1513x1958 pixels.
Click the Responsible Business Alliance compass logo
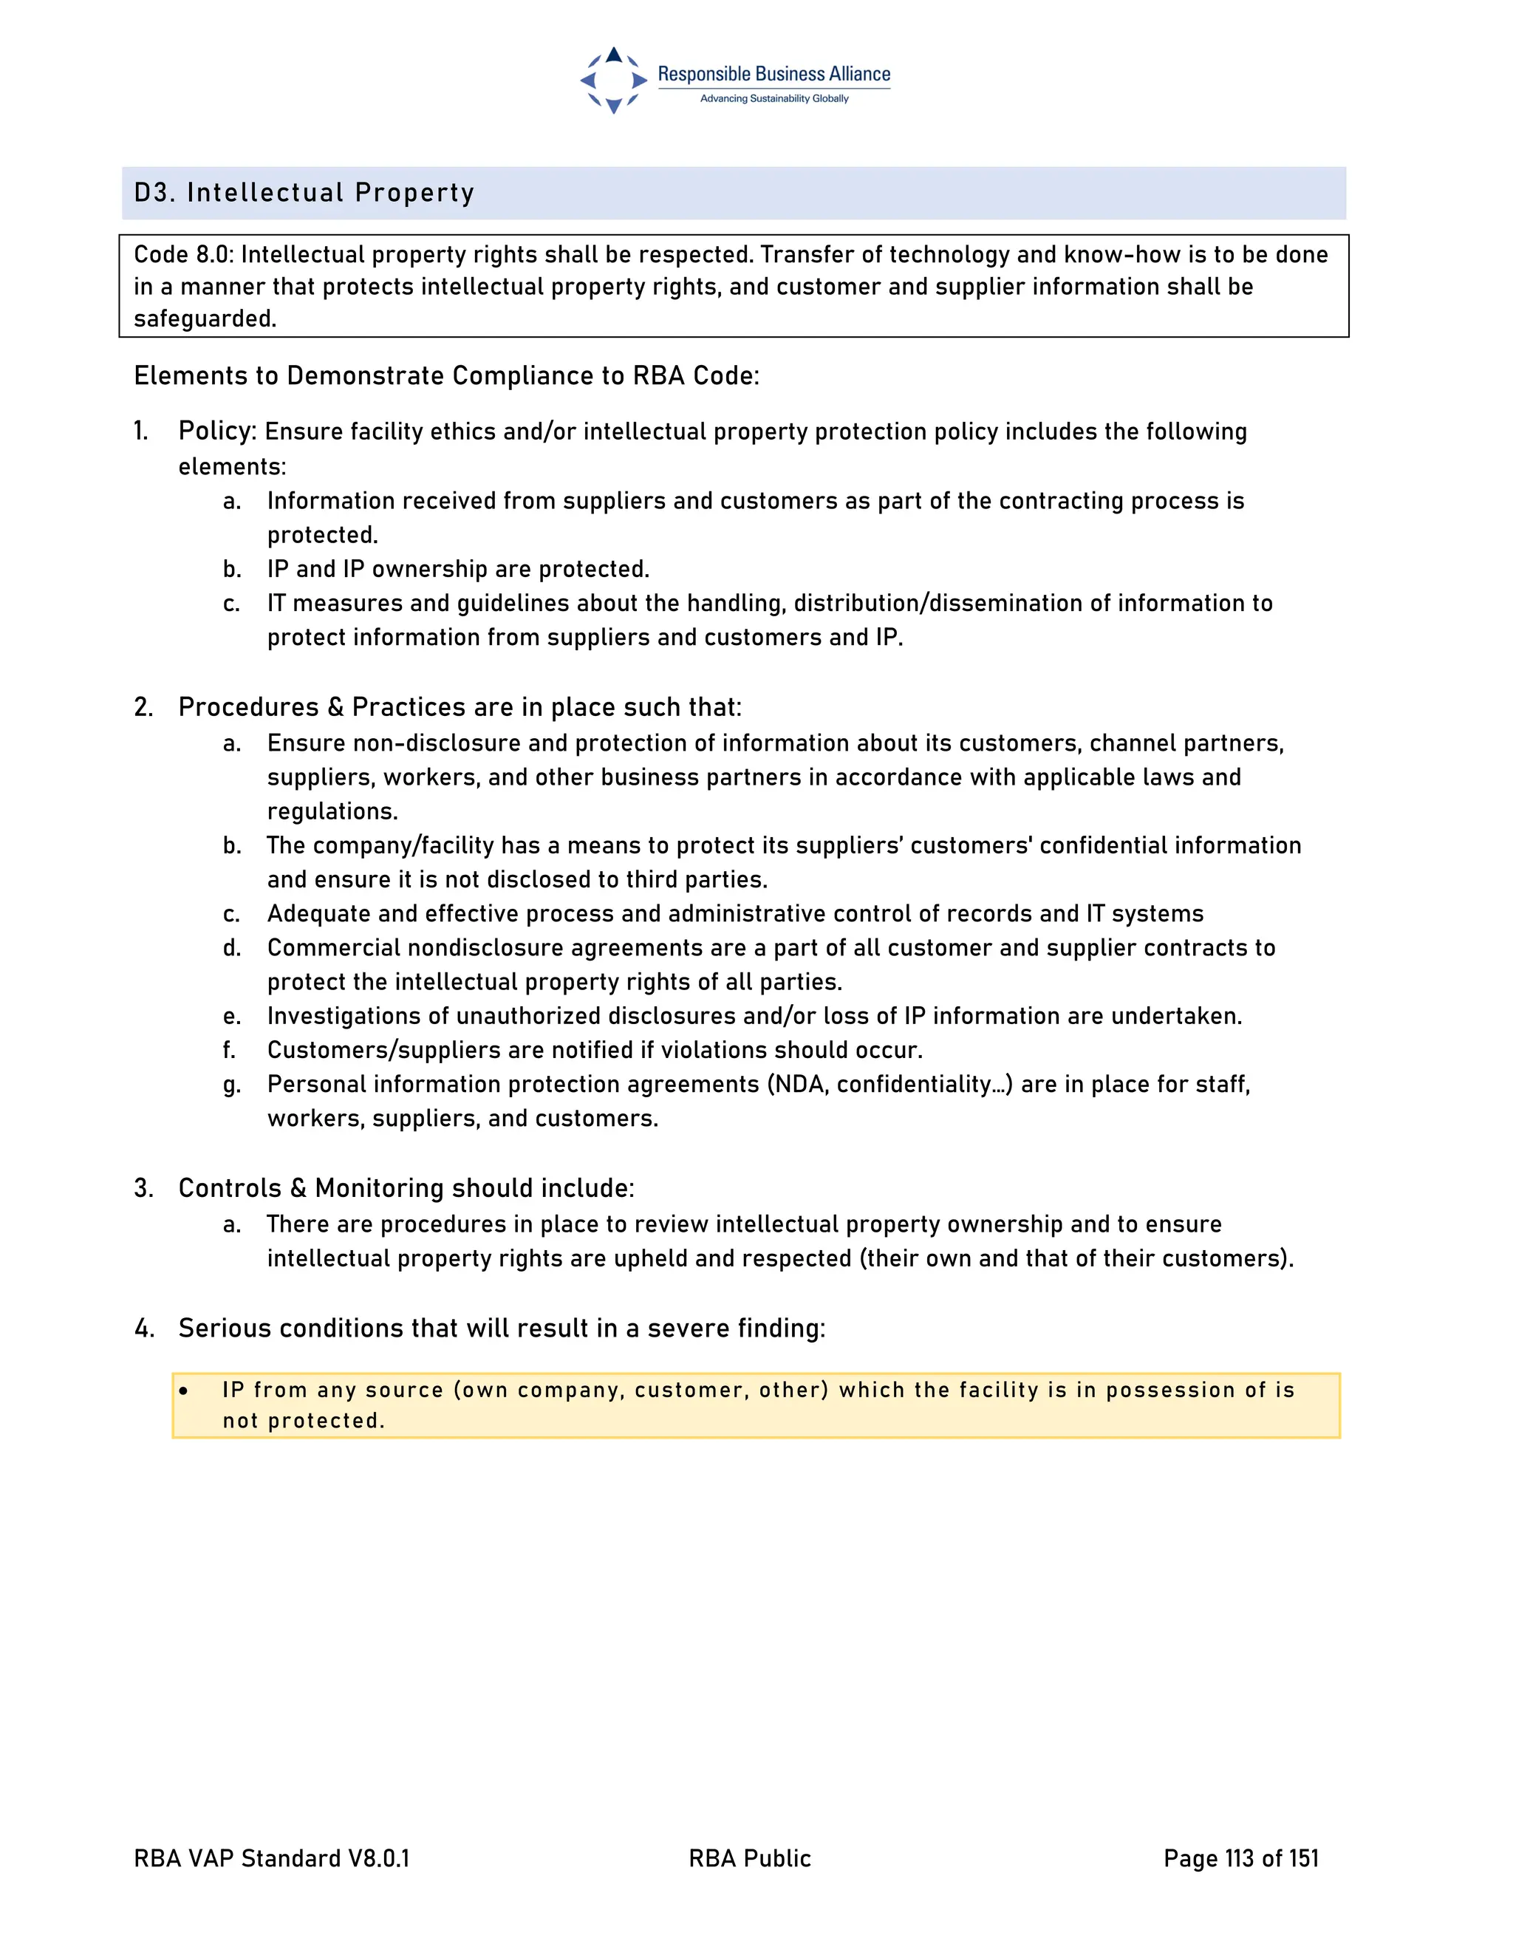(613, 81)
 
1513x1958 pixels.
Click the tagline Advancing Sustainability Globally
(773, 98)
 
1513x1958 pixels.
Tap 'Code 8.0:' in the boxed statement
(184, 255)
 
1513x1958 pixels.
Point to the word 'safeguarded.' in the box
(205, 319)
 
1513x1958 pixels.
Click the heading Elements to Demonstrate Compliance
(445, 375)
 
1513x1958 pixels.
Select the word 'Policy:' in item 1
(218, 431)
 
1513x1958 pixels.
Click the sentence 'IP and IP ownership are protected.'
(458, 569)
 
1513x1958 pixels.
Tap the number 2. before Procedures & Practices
(143, 707)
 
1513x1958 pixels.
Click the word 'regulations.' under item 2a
(332, 811)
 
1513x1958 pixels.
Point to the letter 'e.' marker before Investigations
(232, 1017)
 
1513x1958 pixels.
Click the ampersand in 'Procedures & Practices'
(335, 707)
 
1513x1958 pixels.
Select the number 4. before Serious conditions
(143, 1328)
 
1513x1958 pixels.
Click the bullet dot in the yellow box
(184, 1391)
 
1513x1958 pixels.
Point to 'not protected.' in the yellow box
(303, 1421)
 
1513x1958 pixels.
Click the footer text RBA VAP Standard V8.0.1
(270, 1858)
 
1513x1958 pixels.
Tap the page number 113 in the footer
(1239, 1858)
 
